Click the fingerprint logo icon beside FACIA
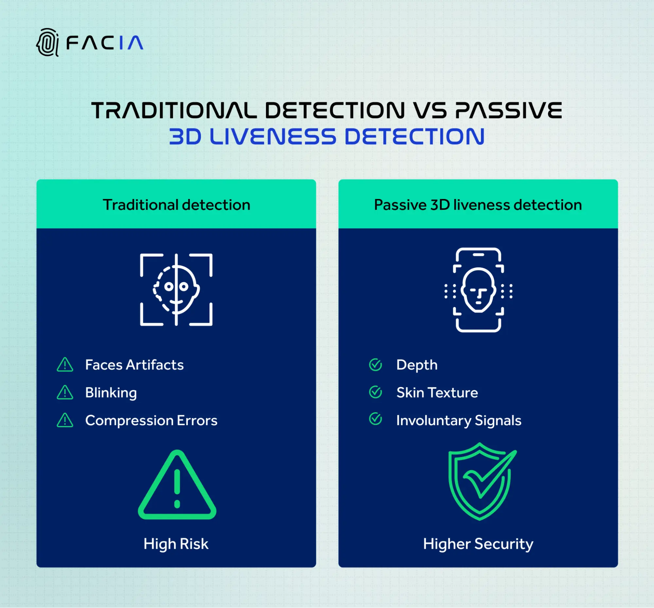pyautogui.click(x=47, y=43)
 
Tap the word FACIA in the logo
pyautogui.click(x=105, y=43)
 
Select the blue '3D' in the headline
pyautogui.click(x=185, y=136)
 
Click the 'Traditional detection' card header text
pyautogui.click(x=176, y=205)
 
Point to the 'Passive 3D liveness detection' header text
pyautogui.click(x=478, y=205)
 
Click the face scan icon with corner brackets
pyautogui.click(x=176, y=290)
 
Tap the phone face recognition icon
pyautogui.click(x=478, y=290)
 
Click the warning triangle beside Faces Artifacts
pyautogui.click(x=65, y=365)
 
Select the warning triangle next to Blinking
pyautogui.click(x=65, y=392)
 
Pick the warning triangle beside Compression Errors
pyautogui.click(x=65, y=420)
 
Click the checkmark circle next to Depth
pyautogui.click(x=375, y=365)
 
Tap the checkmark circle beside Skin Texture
pyautogui.click(x=375, y=392)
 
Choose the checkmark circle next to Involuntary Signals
pyautogui.click(x=375, y=419)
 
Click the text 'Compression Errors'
pyautogui.click(x=151, y=420)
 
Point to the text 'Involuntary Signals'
pyautogui.click(x=459, y=420)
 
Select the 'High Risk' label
pyautogui.click(x=176, y=544)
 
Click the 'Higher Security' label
pyautogui.click(x=478, y=544)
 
